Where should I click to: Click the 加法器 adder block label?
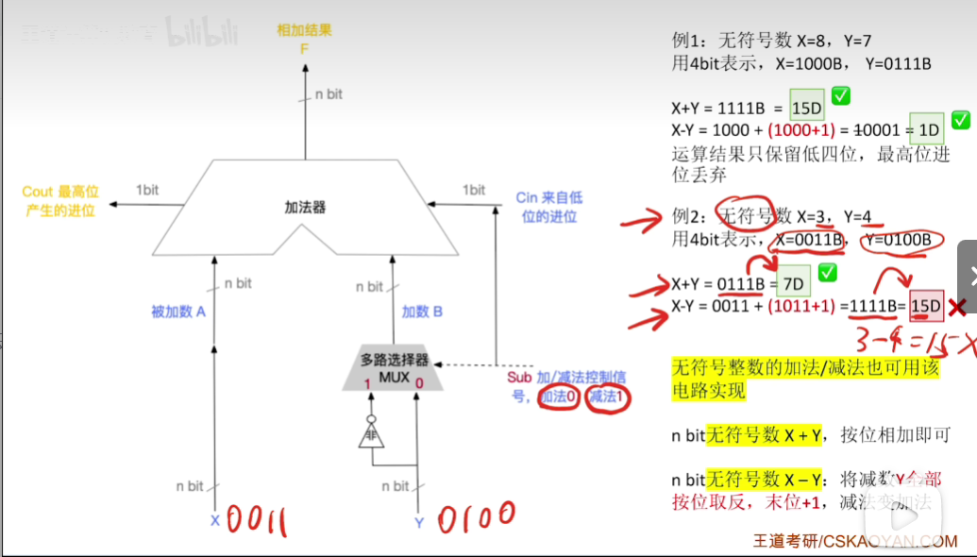click(x=305, y=207)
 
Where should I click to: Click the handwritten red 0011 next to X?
click(x=256, y=520)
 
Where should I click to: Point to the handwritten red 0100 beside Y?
click(x=477, y=518)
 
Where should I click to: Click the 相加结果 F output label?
click(x=304, y=39)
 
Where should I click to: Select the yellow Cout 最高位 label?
click(x=59, y=201)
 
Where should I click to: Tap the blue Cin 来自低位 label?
click(x=549, y=207)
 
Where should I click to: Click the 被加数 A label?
click(x=178, y=312)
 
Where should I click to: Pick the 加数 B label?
click(x=422, y=312)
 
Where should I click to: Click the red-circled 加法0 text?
click(x=558, y=397)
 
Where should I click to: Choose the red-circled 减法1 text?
click(x=607, y=397)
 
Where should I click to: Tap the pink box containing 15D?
click(x=926, y=306)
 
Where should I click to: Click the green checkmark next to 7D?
click(x=828, y=275)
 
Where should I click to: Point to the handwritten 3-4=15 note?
click(x=906, y=339)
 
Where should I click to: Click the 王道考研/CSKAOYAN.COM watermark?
click(x=855, y=541)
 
